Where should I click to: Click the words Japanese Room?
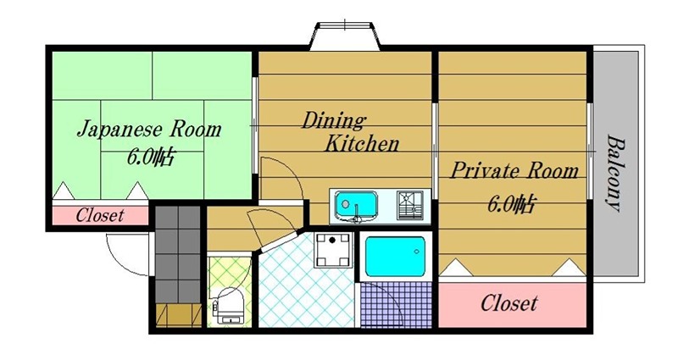pos(149,130)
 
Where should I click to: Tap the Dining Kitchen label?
pos(350,132)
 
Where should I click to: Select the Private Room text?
pos(514,170)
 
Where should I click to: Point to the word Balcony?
pos(616,174)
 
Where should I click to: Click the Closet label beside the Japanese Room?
pos(100,215)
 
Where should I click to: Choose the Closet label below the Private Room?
pos(509,303)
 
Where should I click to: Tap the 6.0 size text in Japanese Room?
pos(150,158)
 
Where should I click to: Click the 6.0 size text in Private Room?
pos(512,203)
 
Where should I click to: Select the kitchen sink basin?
pos(356,206)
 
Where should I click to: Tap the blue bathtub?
pos(395,257)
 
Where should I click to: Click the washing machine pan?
pos(332,250)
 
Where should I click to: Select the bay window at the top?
pos(345,36)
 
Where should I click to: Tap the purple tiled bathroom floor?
pos(396,304)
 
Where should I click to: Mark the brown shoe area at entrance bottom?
pos(179,315)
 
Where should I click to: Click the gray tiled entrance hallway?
pos(178,255)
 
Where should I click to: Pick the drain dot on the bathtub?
pos(416,251)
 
